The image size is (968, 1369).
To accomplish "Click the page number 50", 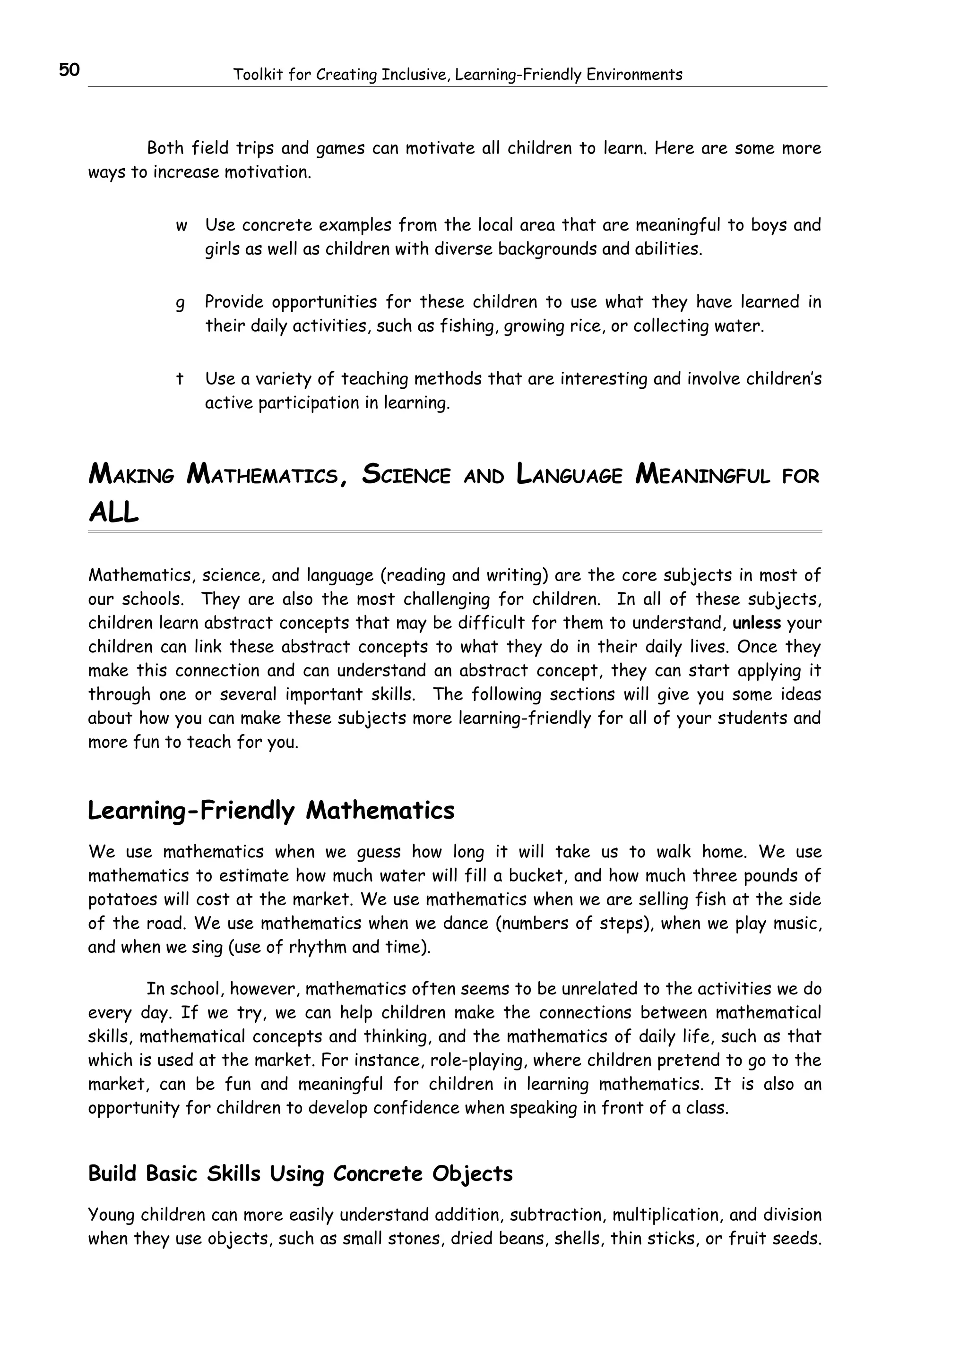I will pos(69,70).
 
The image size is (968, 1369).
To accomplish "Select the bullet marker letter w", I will pos(181,226).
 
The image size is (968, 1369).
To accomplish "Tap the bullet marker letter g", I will pos(180,303).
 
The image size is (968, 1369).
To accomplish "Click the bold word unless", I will pos(756,623).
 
